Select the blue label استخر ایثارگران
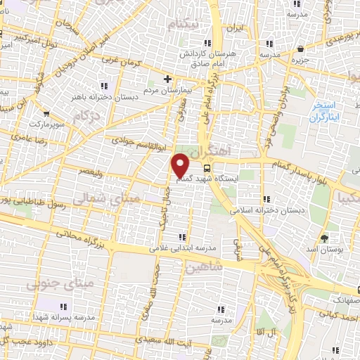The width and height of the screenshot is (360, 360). click(323, 112)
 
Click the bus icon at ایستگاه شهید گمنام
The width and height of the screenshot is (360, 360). click(207, 168)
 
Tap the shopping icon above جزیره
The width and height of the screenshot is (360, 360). click(301, 49)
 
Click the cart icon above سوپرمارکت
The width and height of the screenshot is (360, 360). click(46, 113)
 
